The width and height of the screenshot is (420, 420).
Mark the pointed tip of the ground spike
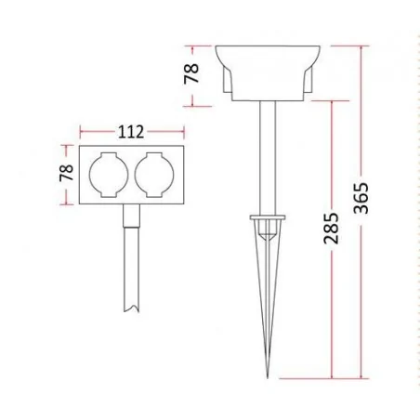coord(265,379)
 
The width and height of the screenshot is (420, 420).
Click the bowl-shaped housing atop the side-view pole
coord(267,72)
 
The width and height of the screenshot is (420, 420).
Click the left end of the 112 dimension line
coord(81,133)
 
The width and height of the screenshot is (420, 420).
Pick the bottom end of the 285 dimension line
coord(332,380)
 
